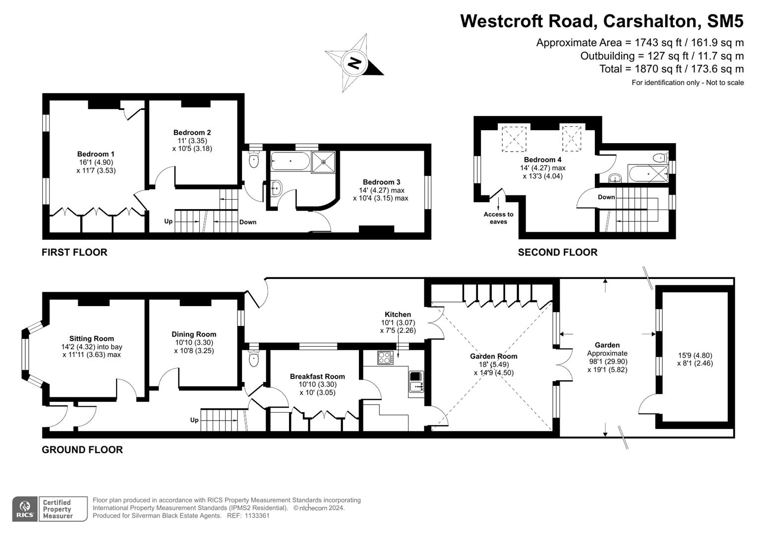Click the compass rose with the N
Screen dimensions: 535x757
click(x=354, y=63)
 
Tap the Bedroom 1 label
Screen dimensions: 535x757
click(x=96, y=154)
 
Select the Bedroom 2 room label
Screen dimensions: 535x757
click(x=192, y=132)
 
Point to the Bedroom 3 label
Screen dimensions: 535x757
click(x=381, y=182)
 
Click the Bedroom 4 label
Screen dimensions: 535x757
click(x=542, y=160)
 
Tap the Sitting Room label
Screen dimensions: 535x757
click(x=92, y=339)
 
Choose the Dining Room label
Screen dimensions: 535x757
click(x=194, y=334)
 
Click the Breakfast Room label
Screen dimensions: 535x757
click(x=317, y=376)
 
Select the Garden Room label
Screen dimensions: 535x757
click(x=493, y=356)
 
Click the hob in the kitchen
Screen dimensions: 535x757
click(x=385, y=357)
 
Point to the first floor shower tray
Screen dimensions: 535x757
click(x=323, y=162)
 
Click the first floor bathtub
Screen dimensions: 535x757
click(x=290, y=162)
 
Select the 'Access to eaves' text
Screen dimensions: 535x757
click(x=498, y=218)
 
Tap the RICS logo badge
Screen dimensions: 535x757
click(x=25, y=509)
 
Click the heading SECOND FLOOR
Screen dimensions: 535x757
click(x=557, y=252)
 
